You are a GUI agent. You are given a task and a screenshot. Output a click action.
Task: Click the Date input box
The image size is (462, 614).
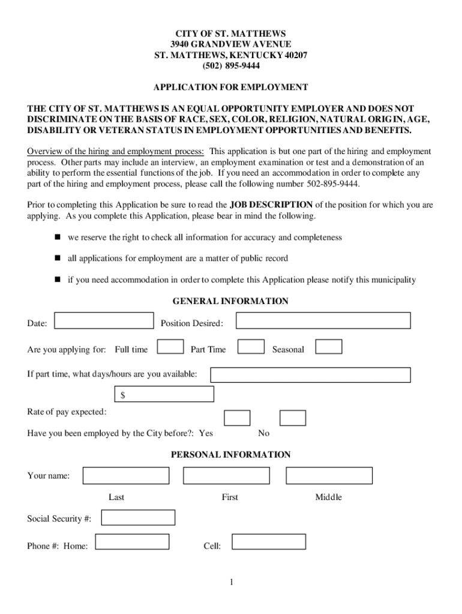pos(104,321)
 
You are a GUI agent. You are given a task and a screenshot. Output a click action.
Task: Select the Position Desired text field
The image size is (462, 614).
pos(323,321)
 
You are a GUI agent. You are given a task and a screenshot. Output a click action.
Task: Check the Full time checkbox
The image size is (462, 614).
pos(170,347)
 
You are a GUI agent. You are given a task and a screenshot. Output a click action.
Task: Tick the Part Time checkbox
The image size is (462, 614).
pos(251,347)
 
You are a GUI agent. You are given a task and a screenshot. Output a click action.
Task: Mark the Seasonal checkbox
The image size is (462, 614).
pos(329,347)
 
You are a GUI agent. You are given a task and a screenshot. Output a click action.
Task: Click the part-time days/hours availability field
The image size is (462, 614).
pos(310,375)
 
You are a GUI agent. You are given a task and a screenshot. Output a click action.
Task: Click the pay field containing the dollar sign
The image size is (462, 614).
pos(164,394)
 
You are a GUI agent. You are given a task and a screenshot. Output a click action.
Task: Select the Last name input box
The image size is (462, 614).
pos(126,475)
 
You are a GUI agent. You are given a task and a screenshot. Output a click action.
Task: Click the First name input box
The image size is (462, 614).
pos(226,475)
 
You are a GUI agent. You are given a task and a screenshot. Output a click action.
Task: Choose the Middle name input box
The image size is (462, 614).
pos(329,475)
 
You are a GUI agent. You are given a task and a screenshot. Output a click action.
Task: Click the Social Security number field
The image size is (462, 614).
pos(138,517)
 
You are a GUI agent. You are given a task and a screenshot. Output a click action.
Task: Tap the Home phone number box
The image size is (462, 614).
pos(133,542)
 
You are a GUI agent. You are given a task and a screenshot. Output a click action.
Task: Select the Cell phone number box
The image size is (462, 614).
pos(269,542)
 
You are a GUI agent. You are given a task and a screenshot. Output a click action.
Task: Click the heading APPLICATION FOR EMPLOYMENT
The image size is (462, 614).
pos(230,88)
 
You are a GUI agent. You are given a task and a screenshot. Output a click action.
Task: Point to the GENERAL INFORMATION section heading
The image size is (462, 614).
pos(230,301)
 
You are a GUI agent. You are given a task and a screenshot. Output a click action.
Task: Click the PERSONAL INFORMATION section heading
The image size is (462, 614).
pos(230,455)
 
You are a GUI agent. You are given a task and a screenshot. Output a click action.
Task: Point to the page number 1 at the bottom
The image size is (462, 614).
pos(231,582)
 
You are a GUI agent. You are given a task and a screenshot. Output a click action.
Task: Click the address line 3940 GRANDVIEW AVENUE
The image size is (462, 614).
pos(230,44)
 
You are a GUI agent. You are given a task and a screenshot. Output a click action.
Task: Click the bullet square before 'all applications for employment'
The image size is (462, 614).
pos(58,258)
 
